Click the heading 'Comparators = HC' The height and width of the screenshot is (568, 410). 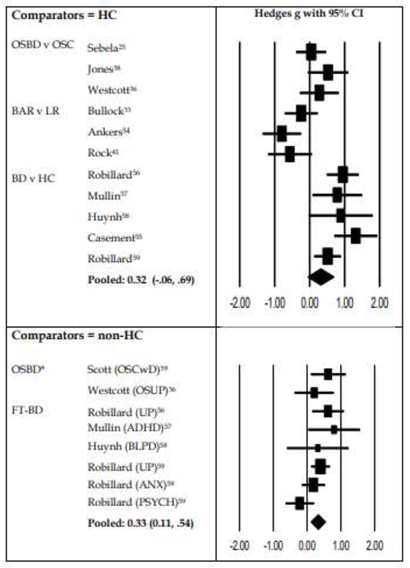pos(64,16)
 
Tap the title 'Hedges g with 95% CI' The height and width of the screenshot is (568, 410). pos(309,14)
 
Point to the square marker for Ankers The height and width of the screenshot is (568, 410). pos(281,133)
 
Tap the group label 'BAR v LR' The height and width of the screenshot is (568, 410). pos(36,111)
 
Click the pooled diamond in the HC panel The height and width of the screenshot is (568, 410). pos(321,277)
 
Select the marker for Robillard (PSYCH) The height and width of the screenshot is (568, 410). pos(299,504)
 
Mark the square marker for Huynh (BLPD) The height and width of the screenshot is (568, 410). pos(318,448)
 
